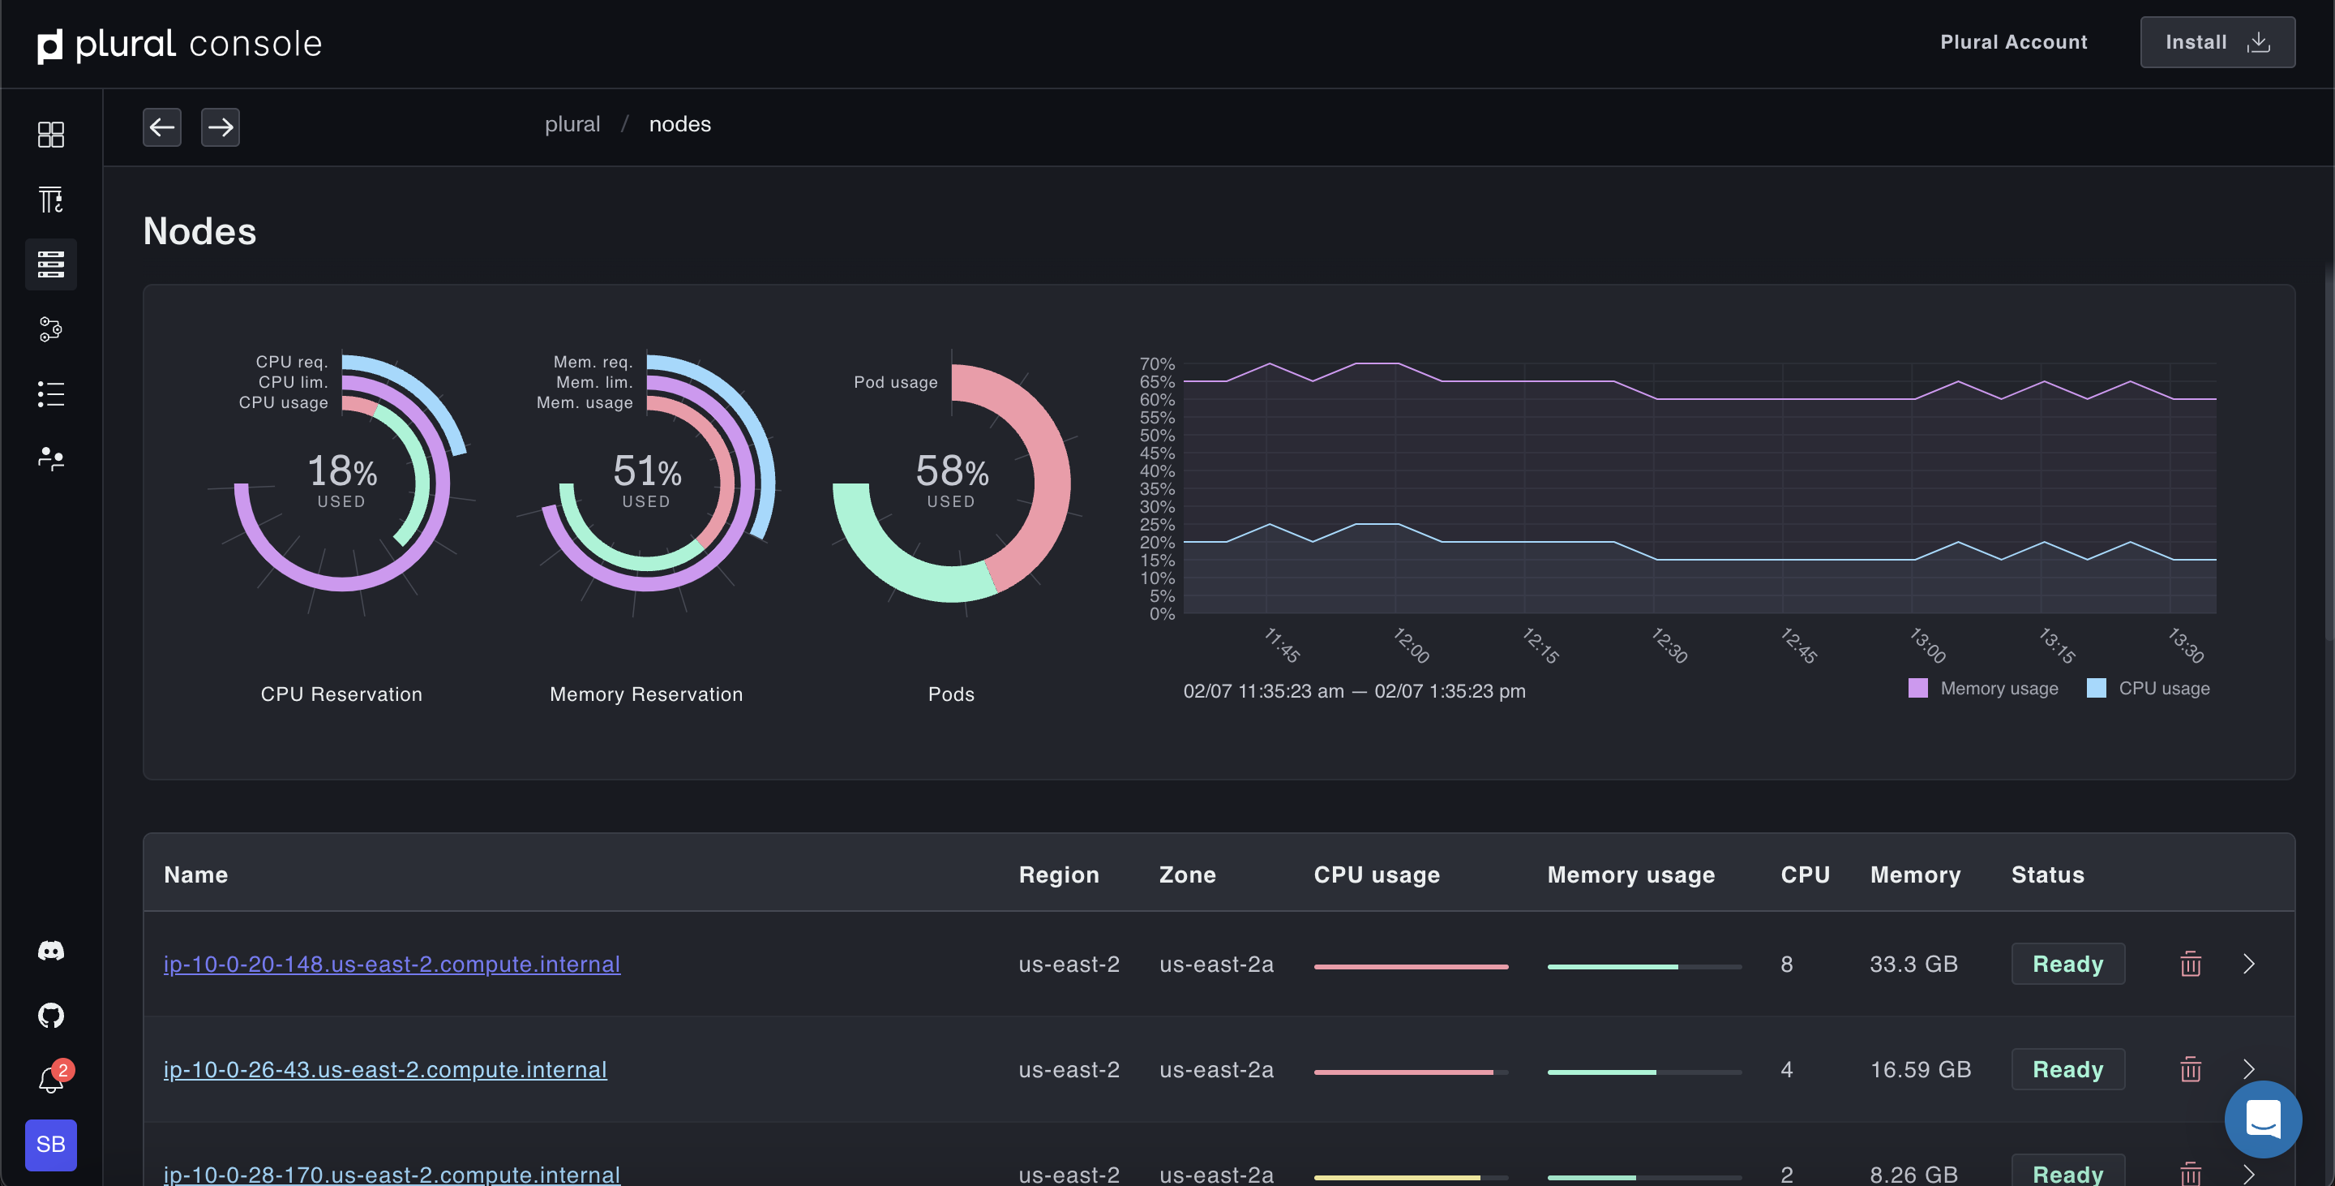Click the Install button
(2217, 43)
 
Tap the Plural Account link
(2013, 43)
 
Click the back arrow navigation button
(162, 127)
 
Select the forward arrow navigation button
(221, 127)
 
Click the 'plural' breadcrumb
(572, 124)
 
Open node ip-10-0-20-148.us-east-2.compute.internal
(392, 964)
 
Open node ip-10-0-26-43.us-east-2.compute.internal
(385, 1070)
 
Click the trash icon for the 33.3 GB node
(2190, 964)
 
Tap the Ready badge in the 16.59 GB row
(2067, 1070)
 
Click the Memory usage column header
(1630, 875)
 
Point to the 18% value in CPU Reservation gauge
(341, 471)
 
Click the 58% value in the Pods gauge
(952, 471)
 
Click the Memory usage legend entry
(1983, 689)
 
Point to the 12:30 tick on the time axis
(1669, 645)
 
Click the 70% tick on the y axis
(1157, 364)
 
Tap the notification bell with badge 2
(52, 1080)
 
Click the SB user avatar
(51, 1145)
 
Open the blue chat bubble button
(2263, 1119)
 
